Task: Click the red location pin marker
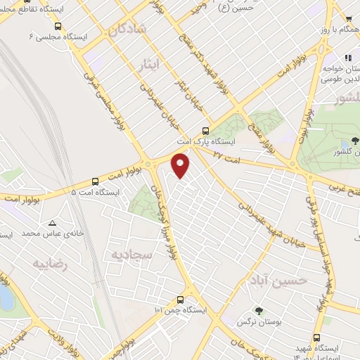point(181,165)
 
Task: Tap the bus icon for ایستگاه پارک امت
point(205,130)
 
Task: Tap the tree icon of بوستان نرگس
point(259,309)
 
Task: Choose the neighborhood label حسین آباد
point(264,282)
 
